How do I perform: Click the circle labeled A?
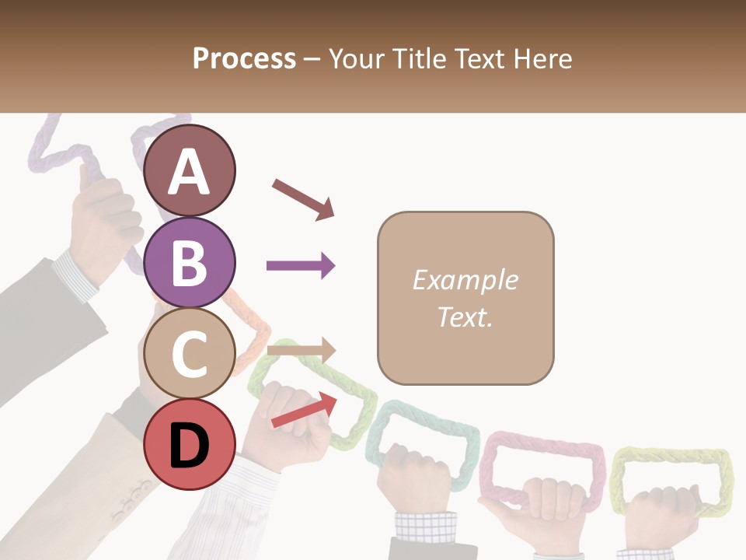190,171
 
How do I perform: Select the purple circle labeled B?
190,262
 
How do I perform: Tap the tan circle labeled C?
190,354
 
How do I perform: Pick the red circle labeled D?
190,445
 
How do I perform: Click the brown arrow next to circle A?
303,199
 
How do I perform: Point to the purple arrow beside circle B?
301,266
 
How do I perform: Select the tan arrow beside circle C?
301,351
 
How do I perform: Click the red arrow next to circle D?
304,410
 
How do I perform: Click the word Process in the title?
244,58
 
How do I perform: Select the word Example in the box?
465,280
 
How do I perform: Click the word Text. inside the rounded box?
465,317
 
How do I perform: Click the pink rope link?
542,450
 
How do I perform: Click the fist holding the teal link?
413,474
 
